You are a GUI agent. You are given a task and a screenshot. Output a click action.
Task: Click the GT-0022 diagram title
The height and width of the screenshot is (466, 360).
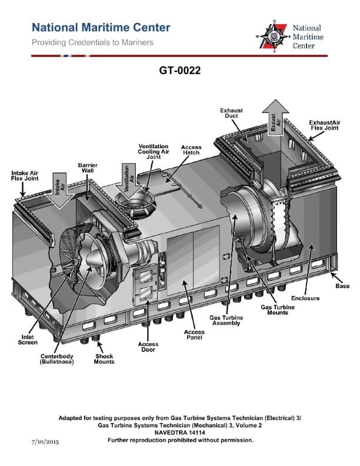click(180, 71)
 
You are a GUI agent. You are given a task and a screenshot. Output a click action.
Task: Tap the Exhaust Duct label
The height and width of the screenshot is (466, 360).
click(231, 113)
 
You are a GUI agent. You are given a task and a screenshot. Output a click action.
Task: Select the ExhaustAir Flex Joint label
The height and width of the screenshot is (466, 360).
click(325, 125)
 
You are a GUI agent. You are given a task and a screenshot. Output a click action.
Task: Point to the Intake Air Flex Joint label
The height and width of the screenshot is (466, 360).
click(25, 175)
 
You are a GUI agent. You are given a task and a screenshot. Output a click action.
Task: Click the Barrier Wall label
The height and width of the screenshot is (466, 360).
click(88, 168)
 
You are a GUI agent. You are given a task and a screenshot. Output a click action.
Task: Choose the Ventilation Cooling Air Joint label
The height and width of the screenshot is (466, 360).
click(154, 151)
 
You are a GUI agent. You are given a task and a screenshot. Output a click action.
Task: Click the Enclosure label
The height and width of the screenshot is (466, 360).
click(305, 298)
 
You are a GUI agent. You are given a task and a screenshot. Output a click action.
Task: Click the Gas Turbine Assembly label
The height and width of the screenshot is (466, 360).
click(226, 320)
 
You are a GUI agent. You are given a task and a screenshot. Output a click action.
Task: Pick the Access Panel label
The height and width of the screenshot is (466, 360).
click(195, 335)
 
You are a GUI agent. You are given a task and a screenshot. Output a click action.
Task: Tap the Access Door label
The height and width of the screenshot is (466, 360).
click(148, 347)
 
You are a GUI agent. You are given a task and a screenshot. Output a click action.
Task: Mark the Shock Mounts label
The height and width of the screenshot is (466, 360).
click(104, 359)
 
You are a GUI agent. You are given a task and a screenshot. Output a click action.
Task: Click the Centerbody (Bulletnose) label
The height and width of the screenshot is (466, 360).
click(56, 359)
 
